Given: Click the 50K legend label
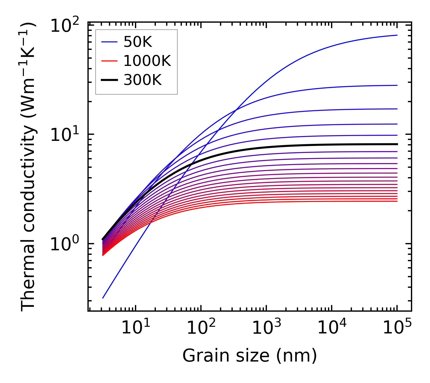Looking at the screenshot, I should pos(138,42).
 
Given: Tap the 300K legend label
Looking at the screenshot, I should pos(143,80).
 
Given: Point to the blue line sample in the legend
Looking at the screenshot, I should pos(109,42).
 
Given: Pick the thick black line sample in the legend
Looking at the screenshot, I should pos(109,80).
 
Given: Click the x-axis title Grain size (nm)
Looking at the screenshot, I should pos(250,355).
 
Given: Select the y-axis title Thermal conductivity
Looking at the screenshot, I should pos(28,167).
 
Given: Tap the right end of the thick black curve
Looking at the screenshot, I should pos(397,144).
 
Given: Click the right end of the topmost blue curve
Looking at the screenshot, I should pos(397,35).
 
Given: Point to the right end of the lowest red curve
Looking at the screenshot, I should pos(397,201).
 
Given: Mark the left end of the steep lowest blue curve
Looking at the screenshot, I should pos(103,298).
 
